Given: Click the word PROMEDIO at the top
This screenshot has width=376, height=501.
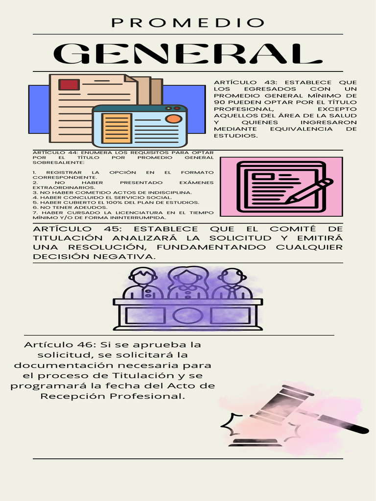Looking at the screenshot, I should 188,23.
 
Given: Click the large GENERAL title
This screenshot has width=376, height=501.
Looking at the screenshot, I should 188,54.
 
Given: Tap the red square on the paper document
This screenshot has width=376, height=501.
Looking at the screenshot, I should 69,85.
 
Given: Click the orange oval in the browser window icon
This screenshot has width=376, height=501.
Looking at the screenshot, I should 173,118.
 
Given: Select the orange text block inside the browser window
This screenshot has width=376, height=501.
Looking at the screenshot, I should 116,128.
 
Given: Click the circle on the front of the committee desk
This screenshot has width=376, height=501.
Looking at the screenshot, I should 188,315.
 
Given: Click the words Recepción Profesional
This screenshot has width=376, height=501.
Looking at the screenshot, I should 113,396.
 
